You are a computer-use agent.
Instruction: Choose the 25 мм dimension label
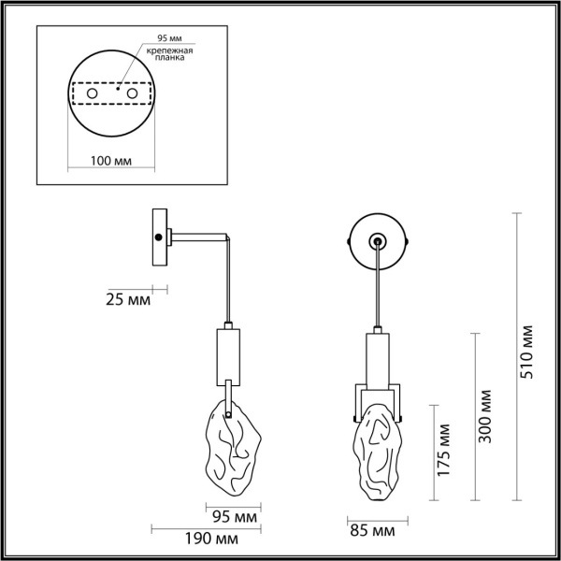click(x=127, y=300)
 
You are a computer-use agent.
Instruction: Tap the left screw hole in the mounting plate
click(x=92, y=94)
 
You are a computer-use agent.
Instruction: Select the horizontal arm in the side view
click(x=198, y=239)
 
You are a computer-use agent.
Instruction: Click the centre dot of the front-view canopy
click(x=377, y=241)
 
